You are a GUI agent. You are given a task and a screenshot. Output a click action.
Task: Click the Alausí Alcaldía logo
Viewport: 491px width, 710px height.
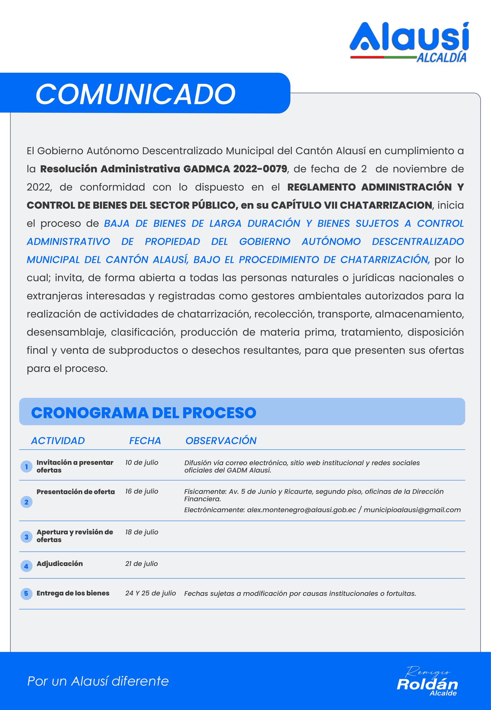[409, 42]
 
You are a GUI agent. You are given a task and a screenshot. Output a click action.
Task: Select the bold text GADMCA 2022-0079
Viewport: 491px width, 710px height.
[235, 169]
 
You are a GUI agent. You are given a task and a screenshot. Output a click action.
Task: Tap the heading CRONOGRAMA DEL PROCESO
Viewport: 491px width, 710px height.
[144, 413]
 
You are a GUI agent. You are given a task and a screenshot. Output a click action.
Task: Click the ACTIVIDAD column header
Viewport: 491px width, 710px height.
[58, 441]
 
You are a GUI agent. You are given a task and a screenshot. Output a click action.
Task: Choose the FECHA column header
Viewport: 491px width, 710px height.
[145, 441]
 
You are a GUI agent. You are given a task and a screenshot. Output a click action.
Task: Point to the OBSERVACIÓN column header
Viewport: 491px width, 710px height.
[221, 441]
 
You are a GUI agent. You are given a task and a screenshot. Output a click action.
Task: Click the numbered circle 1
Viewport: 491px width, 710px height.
[26, 467]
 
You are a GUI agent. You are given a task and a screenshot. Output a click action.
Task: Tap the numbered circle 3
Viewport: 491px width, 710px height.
[26, 537]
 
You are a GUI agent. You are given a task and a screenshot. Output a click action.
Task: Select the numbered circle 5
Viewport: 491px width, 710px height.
[26, 593]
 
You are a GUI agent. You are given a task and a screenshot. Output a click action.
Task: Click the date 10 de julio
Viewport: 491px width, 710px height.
[142, 462]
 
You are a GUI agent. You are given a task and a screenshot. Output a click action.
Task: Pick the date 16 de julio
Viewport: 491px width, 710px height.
[142, 491]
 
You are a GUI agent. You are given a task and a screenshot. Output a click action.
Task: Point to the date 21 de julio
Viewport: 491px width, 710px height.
[142, 564]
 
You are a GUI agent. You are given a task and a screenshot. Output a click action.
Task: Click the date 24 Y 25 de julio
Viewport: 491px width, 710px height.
[151, 593]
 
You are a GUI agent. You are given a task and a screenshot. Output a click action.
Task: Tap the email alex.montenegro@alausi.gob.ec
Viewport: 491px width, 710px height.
[302, 510]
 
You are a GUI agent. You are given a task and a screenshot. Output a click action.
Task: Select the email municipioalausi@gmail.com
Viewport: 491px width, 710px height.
[412, 510]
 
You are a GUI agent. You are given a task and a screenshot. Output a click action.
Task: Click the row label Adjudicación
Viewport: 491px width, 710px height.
[60, 564]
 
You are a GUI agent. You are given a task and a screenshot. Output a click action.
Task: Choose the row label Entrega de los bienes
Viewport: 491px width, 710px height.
[73, 593]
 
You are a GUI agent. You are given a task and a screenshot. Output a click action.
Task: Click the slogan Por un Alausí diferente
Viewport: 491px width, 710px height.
[98, 681]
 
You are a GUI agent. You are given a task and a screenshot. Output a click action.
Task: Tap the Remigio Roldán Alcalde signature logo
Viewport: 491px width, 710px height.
[427, 682]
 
